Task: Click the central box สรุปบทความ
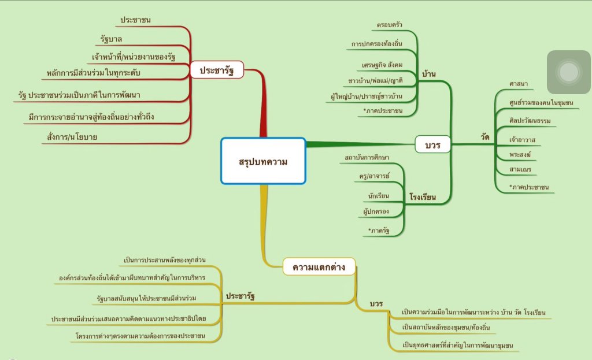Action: (263, 161)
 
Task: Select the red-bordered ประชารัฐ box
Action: (217, 70)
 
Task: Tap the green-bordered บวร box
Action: (432, 144)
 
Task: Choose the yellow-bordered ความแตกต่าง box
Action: (319, 267)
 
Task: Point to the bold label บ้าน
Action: (429, 73)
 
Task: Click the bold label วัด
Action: (485, 136)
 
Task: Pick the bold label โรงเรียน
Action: (422, 197)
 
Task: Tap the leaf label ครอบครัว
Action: (389, 25)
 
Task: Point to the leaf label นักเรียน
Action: (378, 195)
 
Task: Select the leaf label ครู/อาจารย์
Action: (374, 175)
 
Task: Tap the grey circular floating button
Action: (569, 72)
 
